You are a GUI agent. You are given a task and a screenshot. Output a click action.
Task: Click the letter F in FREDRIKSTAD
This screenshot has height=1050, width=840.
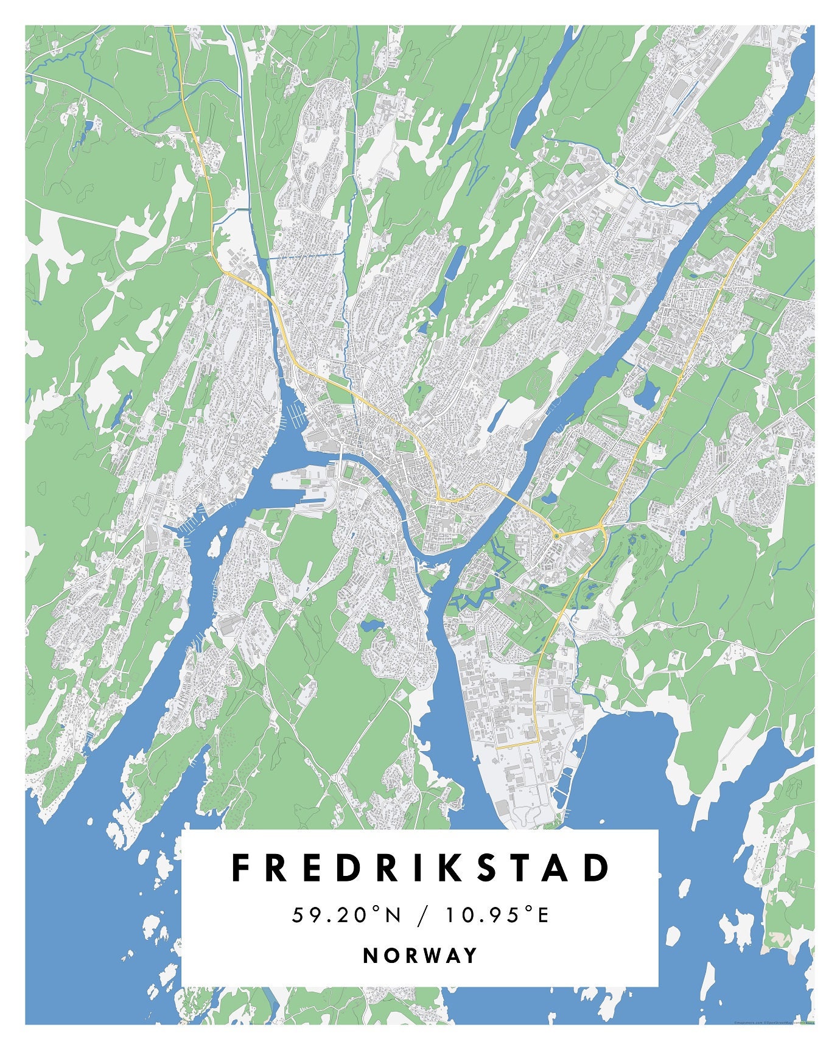pyautogui.click(x=242, y=868)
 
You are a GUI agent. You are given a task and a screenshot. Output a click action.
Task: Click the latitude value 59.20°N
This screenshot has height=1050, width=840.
pyautogui.click(x=347, y=915)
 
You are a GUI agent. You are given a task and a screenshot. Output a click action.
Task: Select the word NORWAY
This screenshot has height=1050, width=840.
pyautogui.click(x=420, y=955)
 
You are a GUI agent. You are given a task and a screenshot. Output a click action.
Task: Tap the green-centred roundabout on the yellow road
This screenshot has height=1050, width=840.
pyautogui.click(x=556, y=536)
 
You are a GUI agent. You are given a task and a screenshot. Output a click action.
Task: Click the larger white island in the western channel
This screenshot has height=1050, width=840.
pyautogui.click(x=214, y=547)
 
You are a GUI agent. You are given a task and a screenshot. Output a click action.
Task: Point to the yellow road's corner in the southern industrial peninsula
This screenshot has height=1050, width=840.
pyautogui.click(x=538, y=742)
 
